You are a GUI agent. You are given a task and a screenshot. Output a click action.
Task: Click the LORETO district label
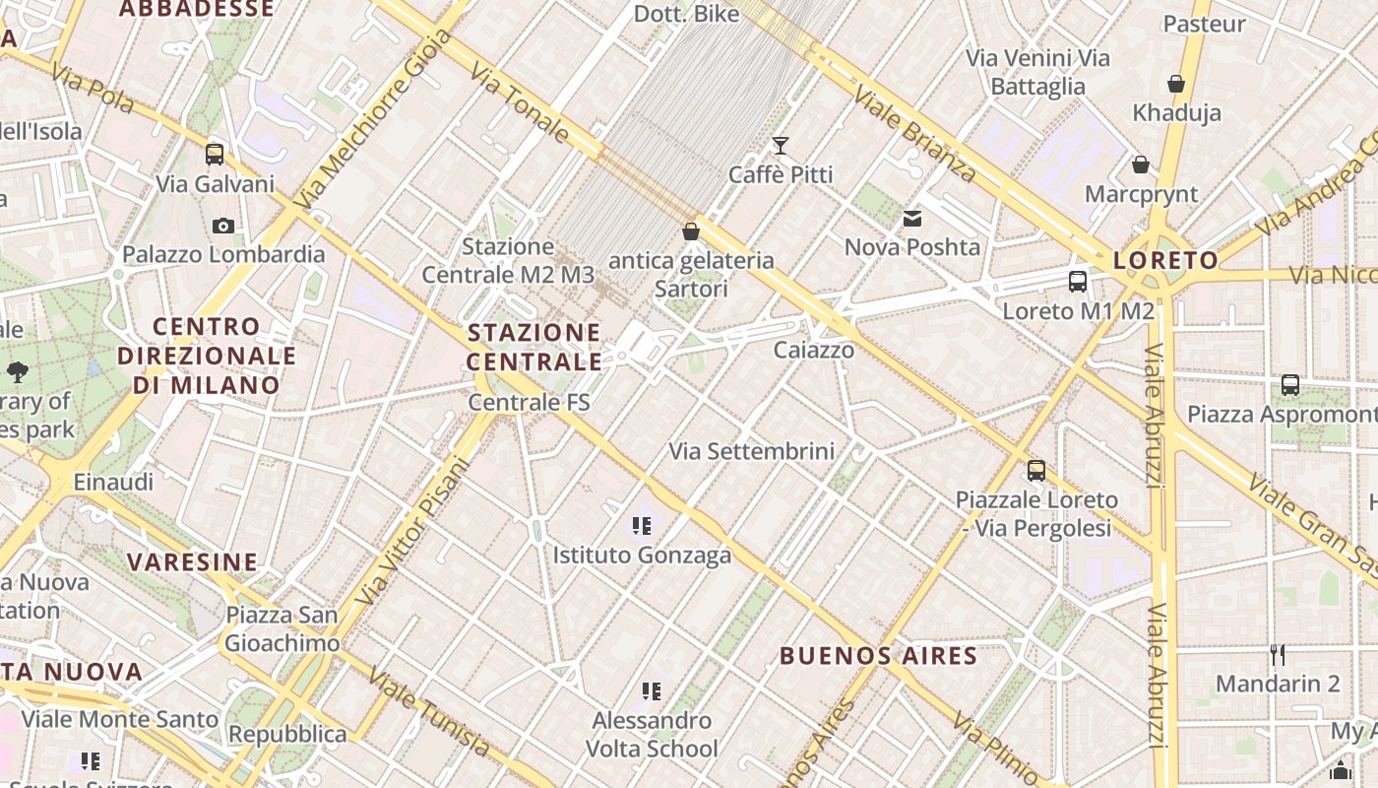click(x=1165, y=261)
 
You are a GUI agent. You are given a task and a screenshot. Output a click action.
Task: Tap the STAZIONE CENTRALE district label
click(x=534, y=347)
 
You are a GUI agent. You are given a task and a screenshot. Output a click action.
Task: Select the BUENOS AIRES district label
click(x=878, y=656)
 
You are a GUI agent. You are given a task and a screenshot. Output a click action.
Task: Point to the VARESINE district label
click(x=193, y=562)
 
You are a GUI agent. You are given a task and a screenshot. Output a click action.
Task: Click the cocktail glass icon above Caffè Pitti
click(x=781, y=147)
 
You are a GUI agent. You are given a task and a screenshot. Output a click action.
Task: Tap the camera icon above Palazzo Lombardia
click(x=223, y=226)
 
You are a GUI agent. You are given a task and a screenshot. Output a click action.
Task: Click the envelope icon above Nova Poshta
click(x=912, y=219)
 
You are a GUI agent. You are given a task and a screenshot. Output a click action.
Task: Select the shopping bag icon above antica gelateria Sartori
click(x=691, y=231)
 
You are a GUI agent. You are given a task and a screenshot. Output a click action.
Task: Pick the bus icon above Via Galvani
click(x=215, y=155)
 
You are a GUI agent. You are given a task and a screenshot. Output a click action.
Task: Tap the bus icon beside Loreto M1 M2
click(x=1078, y=282)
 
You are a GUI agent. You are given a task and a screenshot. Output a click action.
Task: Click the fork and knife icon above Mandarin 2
click(x=1278, y=655)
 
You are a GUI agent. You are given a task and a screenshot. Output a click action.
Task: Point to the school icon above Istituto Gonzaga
click(x=642, y=526)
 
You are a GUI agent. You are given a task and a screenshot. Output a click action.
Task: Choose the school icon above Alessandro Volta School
click(x=651, y=691)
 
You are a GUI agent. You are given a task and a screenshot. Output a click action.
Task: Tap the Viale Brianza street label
click(x=915, y=134)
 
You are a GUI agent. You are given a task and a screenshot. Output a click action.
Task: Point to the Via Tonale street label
click(x=519, y=102)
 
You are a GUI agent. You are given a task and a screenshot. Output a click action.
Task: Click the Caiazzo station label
click(x=814, y=350)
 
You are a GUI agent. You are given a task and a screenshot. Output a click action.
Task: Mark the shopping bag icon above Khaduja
click(x=1176, y=85)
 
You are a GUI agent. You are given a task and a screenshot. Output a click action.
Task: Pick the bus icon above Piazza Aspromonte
click(x=1290, y=385)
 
